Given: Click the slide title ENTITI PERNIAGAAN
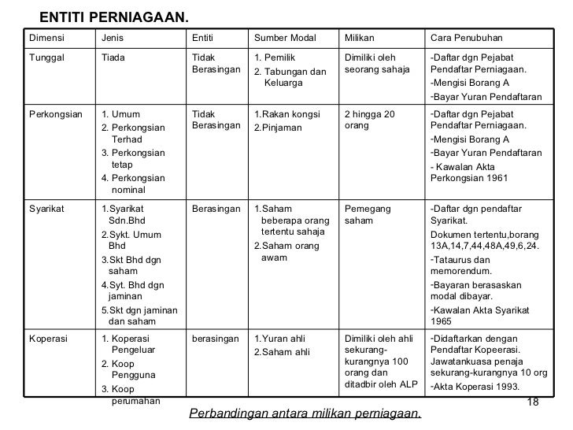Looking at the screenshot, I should coord(114,17).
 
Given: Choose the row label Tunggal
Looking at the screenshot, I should coord(48,57).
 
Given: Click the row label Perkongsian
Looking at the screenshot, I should coord(56,114).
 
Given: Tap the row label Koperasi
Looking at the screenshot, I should coord(48,339).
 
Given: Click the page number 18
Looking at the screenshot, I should coord(531,403).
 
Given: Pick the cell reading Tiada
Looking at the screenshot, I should coord(113,57).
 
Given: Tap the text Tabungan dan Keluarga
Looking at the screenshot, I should coord(291,78).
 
